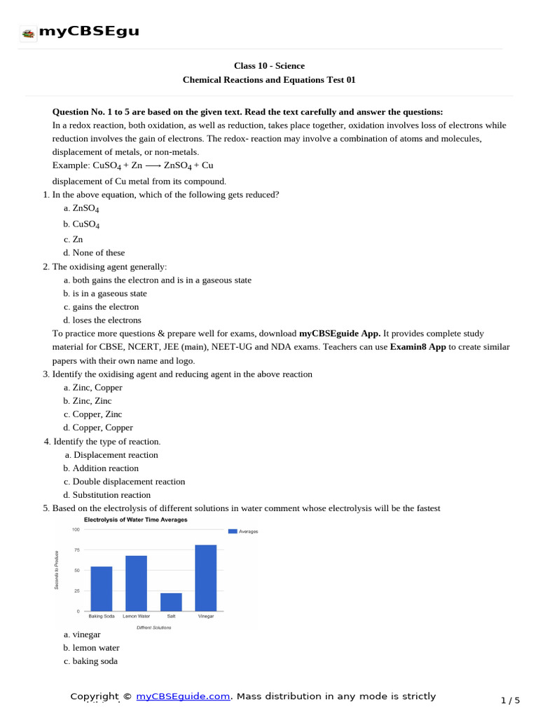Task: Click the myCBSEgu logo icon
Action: [28, 33]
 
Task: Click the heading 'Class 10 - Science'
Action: [269, 66]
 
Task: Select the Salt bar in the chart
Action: [171, 602]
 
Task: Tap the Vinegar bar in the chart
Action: [205, 578]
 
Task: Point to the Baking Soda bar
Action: [102, 588]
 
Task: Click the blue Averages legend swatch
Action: [233, 531]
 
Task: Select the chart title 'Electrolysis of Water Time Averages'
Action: [136, 520]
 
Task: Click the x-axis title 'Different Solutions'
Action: [153, 628]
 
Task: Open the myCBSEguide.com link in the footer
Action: [183, 696]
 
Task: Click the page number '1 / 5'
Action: [510, 700]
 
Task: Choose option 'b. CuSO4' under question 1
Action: [81, 224]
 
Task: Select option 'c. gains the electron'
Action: [101, 306]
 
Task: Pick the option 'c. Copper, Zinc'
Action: [92, 414]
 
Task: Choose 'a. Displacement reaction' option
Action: [111, 454]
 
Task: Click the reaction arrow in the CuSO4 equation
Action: [153, 165]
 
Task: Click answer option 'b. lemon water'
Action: [91, 648]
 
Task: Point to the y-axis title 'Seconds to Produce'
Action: [57, 569]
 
